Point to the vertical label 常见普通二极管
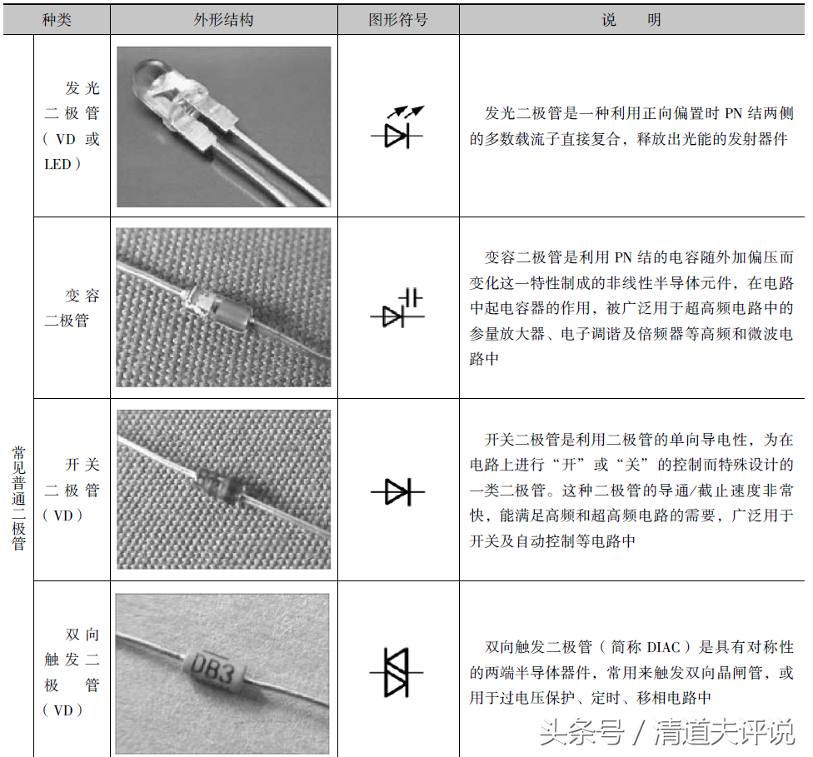18,497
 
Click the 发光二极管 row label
72,126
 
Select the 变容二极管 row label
72,307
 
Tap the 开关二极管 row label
72,490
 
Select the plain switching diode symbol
397,492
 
